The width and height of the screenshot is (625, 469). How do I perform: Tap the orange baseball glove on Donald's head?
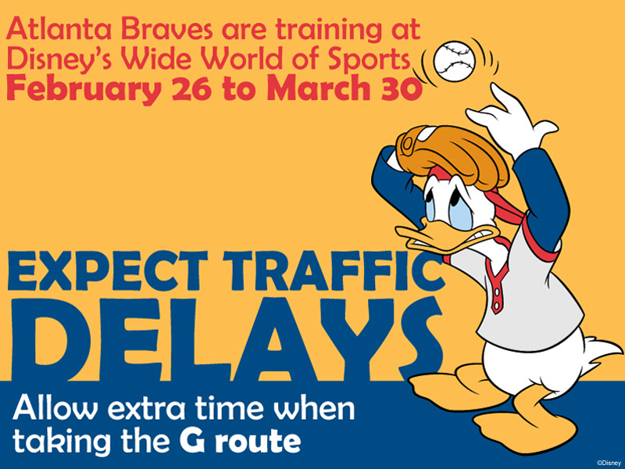pos(452,153)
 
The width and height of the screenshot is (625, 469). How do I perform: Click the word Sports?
pos(370,59)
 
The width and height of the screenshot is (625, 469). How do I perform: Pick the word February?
pos(84,88)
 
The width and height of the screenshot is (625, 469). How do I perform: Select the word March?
pos(320,88)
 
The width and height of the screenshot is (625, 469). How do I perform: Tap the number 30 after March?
pos(402,88)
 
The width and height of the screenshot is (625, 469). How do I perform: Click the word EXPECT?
pos(107,271)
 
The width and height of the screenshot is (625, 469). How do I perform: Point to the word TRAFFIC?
pos(334,271)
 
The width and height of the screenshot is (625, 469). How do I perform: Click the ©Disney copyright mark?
pos(609,463)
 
